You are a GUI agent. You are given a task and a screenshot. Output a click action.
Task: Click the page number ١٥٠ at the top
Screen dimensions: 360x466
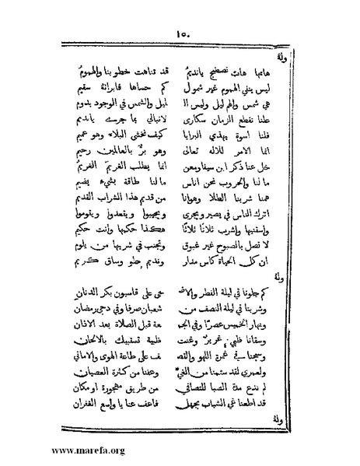click(x=180, y=33)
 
